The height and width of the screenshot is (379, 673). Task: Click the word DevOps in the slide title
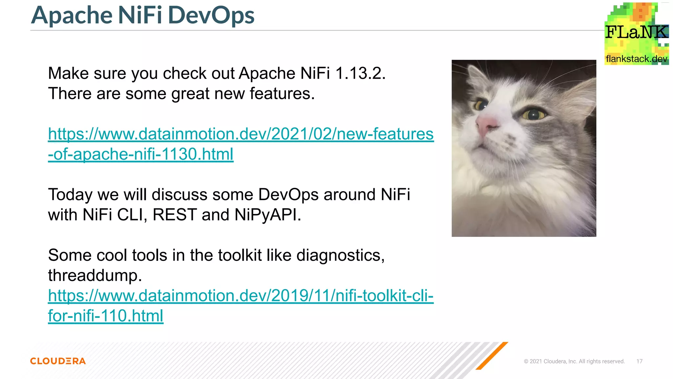(211, 15)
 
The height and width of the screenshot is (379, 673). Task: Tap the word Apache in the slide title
(72, 15)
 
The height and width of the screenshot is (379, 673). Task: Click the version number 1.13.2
(360, 73)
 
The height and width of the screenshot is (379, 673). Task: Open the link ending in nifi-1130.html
(141, 154)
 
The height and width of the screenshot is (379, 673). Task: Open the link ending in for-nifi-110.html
(105, 316)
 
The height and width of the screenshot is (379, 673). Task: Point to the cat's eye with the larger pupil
(534, 114)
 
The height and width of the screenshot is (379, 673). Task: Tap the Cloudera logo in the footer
(58, 361)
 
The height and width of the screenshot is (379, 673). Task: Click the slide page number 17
(639, 361)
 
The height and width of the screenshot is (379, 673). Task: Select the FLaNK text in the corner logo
(636, 32)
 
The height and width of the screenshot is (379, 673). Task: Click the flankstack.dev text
(636, 59)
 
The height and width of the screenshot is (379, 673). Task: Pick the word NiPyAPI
(267, 215)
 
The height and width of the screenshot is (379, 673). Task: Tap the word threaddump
(95, 275)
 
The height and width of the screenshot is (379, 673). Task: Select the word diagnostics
(340, 255)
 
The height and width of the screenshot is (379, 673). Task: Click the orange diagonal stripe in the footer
(492, 355)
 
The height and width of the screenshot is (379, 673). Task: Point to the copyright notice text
(574, 361)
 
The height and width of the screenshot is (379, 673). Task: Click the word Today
(70, 194)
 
